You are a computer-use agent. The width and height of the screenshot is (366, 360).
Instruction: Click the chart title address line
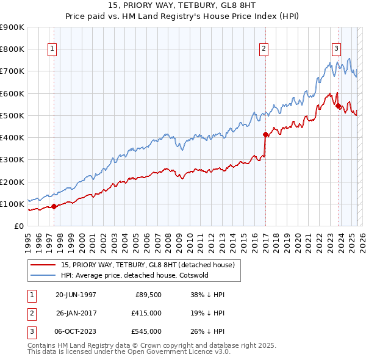point(183,5)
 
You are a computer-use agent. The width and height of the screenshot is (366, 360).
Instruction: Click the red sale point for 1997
point(54,206)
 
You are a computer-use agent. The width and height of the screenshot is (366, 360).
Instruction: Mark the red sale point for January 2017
point(265,134)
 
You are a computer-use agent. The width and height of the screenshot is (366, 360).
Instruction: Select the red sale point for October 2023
point(338,106)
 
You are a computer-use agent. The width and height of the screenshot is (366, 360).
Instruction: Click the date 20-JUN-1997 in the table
point(76,295)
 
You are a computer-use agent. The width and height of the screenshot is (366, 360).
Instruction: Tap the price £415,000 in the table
point(146,313)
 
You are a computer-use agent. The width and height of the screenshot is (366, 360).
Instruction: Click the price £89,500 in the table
point(148,295)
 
